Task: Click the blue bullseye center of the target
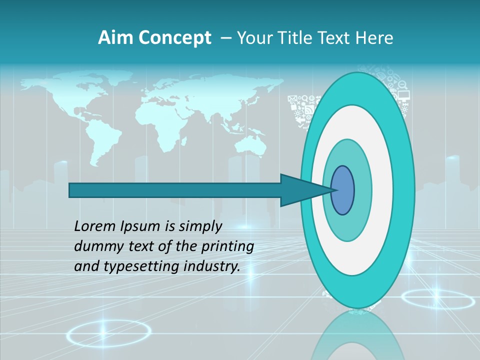(343, 190)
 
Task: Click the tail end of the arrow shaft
(70, 190)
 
